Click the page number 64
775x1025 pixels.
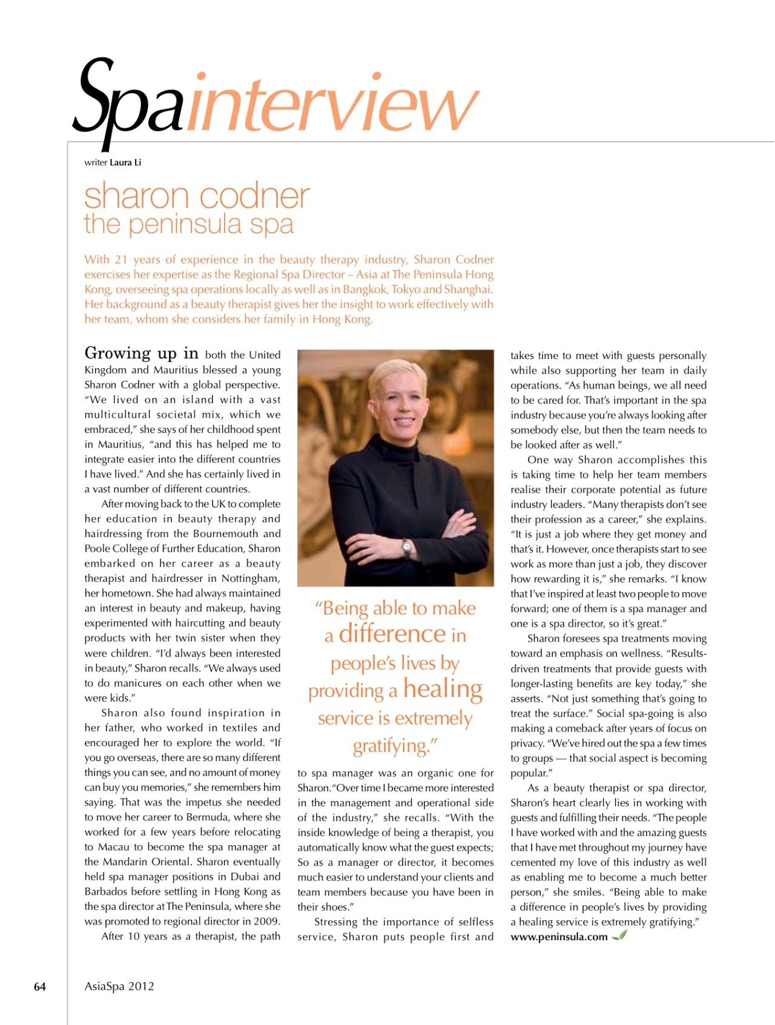(40, 986)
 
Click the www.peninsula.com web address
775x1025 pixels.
(559, 937)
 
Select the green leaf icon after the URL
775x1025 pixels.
(619, 935)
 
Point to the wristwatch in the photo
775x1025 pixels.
(407, 548)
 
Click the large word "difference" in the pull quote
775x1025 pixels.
(392, 634)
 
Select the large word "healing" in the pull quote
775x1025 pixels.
(443, 689)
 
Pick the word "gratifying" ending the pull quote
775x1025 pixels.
(391, 745)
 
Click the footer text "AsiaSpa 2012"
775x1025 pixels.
(119, 986)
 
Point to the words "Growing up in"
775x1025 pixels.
(142, 353)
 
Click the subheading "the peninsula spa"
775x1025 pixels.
(189, 224)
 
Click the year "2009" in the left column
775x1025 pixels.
(267, 921)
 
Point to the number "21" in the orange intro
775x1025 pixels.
(121, 260)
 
